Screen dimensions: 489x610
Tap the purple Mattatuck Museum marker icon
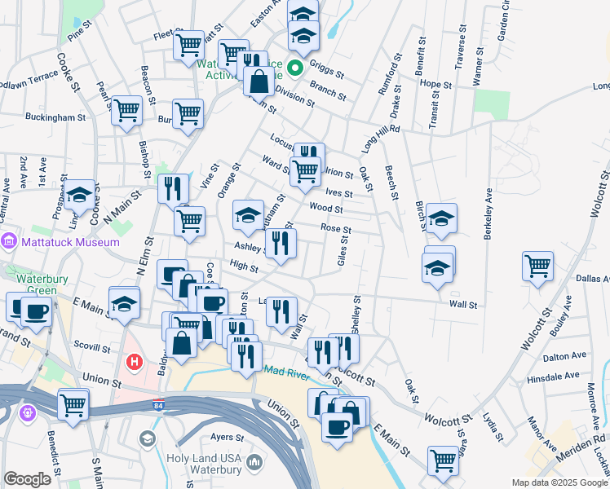point(9,241)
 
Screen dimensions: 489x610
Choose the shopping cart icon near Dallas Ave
point(538,265)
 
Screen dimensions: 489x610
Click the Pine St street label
point(82,33)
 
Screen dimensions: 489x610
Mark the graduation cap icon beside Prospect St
point(80,195)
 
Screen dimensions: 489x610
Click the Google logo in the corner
point(27,480)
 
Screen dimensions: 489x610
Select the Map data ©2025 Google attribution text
point(559,482)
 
